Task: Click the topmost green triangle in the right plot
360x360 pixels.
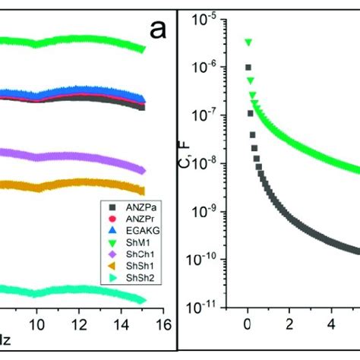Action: tap(248, 43)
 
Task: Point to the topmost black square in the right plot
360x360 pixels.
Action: tap(248, 68)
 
